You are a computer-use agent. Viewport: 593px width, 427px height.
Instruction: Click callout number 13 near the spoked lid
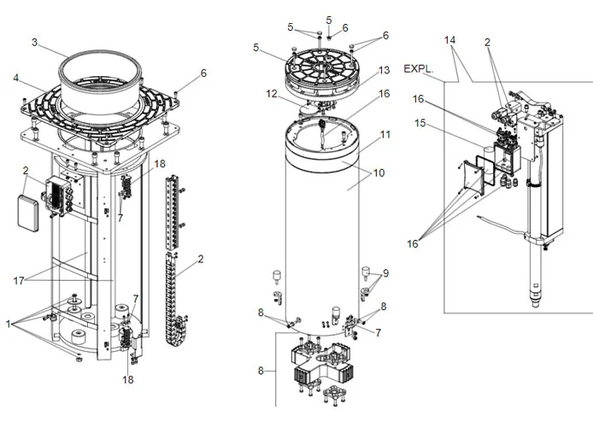[385, 69]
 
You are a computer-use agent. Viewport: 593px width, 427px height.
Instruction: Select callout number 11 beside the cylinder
[385, 135]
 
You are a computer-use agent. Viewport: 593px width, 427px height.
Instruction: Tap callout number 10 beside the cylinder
[378, 173]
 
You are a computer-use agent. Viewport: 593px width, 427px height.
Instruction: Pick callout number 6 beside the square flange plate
[203, 73]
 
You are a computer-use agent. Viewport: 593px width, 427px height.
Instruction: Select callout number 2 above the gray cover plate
[26, 170]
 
